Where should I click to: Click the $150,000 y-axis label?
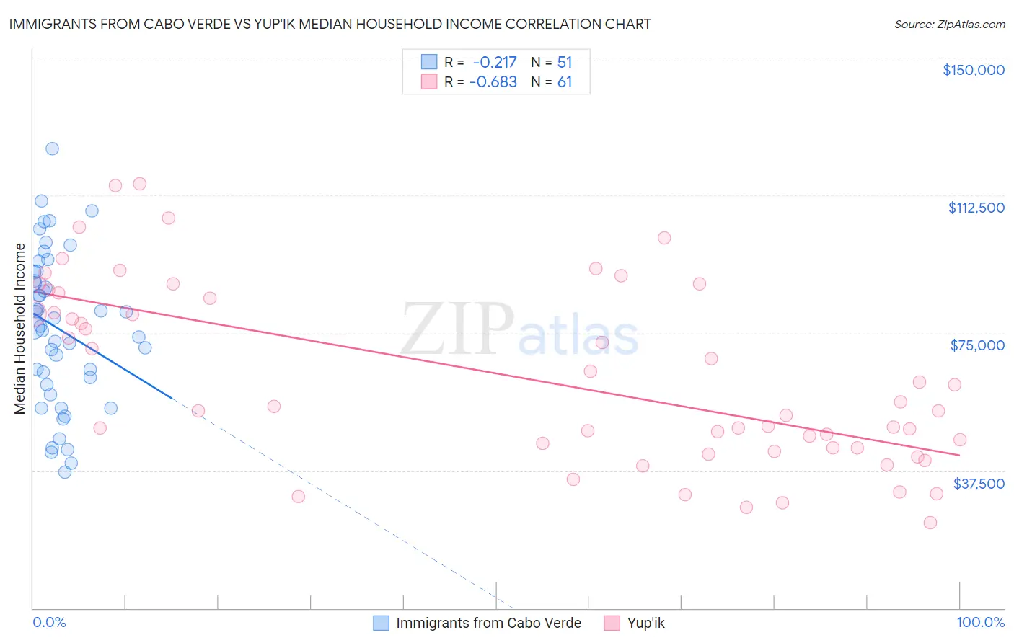tap(973, 70)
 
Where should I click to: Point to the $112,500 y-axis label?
tap(976, 208)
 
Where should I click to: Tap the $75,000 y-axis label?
tap(977, 345)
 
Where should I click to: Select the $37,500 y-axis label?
tap(979, 484)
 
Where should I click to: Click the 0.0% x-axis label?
tap(49, 622)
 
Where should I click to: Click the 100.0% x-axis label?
tap(980, 622)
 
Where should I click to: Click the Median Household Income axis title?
tap(19, 329)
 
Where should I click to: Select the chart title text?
tap(330, 24)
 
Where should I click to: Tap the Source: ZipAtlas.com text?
tap(949, 24)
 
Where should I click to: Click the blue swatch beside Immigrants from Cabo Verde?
tap(381, 623)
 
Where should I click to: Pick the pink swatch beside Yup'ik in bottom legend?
tap(612, 623)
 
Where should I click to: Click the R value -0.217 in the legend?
tap(495, 62)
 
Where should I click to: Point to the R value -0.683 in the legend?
tap(493, 81)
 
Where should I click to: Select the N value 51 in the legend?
tap(564, 62)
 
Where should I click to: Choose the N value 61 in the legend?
tap(564, 81)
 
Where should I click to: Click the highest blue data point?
tap(52, 148)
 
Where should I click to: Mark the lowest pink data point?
tap(930, 523)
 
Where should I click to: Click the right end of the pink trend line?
tap(959, 456)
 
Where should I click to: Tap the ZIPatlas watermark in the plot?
tap(519, 329)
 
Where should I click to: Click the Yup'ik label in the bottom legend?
tap(645, 623)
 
